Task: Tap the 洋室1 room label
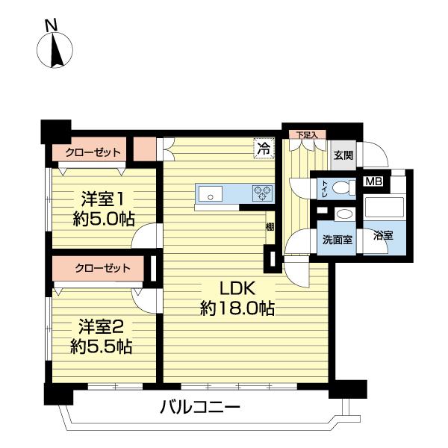102,199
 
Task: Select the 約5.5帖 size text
102,346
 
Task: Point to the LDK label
237,288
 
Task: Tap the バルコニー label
199,408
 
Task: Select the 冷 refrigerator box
263,148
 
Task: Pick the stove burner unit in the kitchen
263,193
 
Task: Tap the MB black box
372,180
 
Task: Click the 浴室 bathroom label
383,236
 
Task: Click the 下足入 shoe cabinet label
306,135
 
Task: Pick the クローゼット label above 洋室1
93,152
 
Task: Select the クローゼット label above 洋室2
102,268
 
